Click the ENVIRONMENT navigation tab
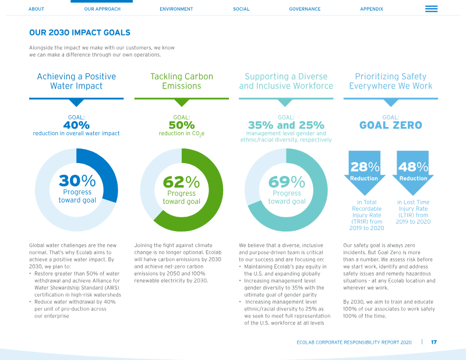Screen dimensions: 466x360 click(x=176, y=9)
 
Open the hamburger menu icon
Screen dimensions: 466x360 click(x=431, y=9)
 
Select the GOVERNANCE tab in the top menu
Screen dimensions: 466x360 click(x=305, y=9)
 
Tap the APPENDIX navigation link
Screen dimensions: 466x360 click(x=372, y=9)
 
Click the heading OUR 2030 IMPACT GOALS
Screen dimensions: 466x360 click(x=80, y=33)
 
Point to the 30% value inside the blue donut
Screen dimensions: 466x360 click(x=77, y=181)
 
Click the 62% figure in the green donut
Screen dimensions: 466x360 click(x=181, y=182)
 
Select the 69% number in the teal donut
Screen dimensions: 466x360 click(x=287, y=182)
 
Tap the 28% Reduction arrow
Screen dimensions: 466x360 click(x=365, y=172)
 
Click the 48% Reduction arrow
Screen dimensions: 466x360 click(x=413, y=172)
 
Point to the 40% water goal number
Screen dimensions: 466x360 click(x=76, y=125)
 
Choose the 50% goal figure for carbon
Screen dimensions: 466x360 click(x=182, y=125)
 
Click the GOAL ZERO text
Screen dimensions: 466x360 click(x=390, y=125)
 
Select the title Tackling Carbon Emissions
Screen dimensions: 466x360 click(x=182, y=81)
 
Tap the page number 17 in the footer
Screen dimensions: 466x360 click(x=434, y=342)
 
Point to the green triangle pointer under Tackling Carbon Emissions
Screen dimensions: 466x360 click(x=182, y=103)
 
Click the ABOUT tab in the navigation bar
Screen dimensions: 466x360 click(x=36, y=9)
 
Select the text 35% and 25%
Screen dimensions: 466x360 click(x=286, y=125)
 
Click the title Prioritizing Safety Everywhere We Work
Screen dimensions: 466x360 click(x=390, y=81)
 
